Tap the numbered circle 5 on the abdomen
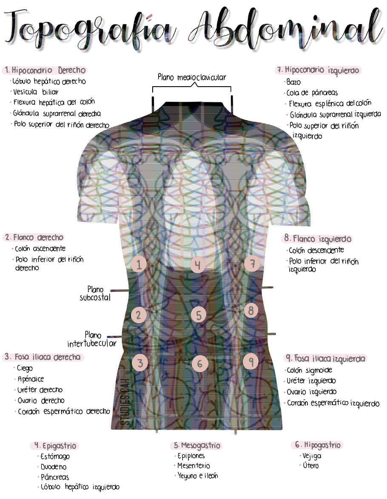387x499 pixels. click(198, 315)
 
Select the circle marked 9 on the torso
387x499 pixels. click(251, 361)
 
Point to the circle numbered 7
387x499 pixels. click(252, 264)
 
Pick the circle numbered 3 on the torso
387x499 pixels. click(140, 363)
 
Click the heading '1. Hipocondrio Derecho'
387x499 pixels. click(45, 70)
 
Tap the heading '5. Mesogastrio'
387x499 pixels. click(197, 445)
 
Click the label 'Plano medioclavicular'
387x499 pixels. click(192, 77)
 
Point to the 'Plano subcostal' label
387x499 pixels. click(95, 293)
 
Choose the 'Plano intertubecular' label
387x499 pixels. click(91, 339)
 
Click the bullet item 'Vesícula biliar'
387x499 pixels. click(36, 92)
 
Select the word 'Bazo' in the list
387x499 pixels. click(293, 82)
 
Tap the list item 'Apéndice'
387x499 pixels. click(31, 379)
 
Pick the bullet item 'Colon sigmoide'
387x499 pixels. click(309, 370)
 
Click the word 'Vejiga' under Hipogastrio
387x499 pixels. click(312, 456)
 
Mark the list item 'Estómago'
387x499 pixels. click(55, 457)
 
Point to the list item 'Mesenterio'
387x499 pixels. click(194, 466)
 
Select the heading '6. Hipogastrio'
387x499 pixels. click(318, 445)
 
